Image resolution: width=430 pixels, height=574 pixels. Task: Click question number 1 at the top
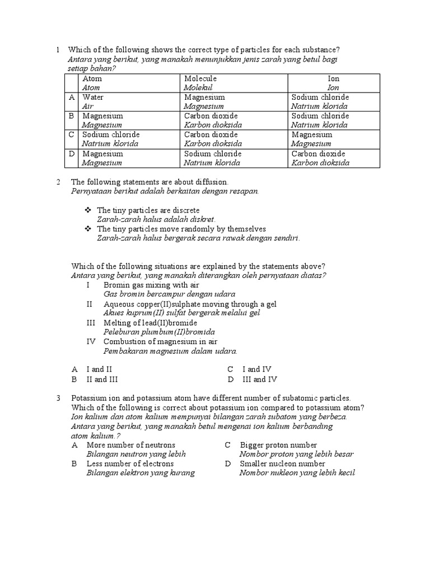click(x=58, y=50)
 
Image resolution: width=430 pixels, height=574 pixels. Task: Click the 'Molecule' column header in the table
click(x=200, y=79)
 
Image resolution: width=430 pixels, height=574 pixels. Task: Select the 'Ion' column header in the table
click(x=333, y=79)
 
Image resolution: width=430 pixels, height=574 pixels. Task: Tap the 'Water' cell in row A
click(x=93, y=98)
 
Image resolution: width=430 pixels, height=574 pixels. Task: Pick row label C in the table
click(x=71, y=135)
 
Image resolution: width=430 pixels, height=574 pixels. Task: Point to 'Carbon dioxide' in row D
click(x=318, y=154)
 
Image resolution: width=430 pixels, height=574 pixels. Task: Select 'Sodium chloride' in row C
click(x=111, y=135)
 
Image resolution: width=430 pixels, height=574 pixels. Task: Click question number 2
click(x=58, y=182)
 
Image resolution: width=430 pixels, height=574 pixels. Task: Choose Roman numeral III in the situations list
click(x=91, y=323)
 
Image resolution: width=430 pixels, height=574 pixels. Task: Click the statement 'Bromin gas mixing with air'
click(x=143, y=285)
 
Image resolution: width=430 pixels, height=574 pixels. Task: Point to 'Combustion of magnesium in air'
click(x=161, y=342)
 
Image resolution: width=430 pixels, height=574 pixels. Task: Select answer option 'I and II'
click(x=99, y=369)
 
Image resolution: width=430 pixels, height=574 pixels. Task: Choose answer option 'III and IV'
click(x=259, y=379)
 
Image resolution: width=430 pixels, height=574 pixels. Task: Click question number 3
click(x=58, y=398)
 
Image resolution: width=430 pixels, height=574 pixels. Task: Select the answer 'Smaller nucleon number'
click(x=282, y=464)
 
